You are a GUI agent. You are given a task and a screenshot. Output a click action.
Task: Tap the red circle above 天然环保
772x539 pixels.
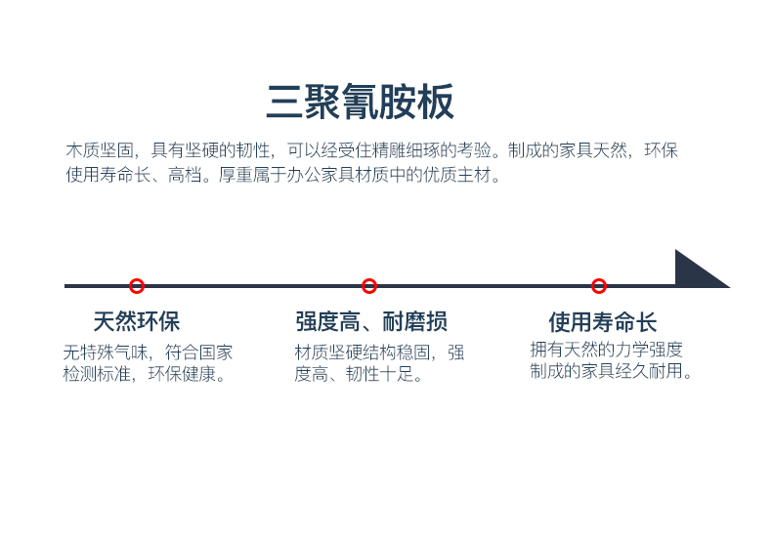click(137, 286)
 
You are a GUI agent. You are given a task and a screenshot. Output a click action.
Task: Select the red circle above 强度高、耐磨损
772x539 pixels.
click(369, 286)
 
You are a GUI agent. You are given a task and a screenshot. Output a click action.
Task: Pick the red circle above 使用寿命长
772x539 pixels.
click(599, 286)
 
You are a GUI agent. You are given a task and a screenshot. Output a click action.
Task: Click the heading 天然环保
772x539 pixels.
click(137, 321)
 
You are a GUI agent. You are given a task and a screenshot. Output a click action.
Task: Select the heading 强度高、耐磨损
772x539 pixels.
click(371, 321)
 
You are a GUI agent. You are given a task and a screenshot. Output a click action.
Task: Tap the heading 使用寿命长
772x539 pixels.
click(602, 322)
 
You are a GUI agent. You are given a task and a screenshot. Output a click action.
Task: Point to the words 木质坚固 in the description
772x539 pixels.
click(101, 151)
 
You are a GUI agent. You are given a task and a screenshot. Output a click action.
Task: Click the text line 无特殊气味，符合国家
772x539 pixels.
click(149, 352)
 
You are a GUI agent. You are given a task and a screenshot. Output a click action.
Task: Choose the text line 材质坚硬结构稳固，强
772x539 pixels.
click(379, 352)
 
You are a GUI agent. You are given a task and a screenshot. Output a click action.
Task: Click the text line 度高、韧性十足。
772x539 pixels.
click(361, 374)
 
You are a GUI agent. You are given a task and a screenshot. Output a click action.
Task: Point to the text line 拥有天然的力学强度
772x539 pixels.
click(606, 350)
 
